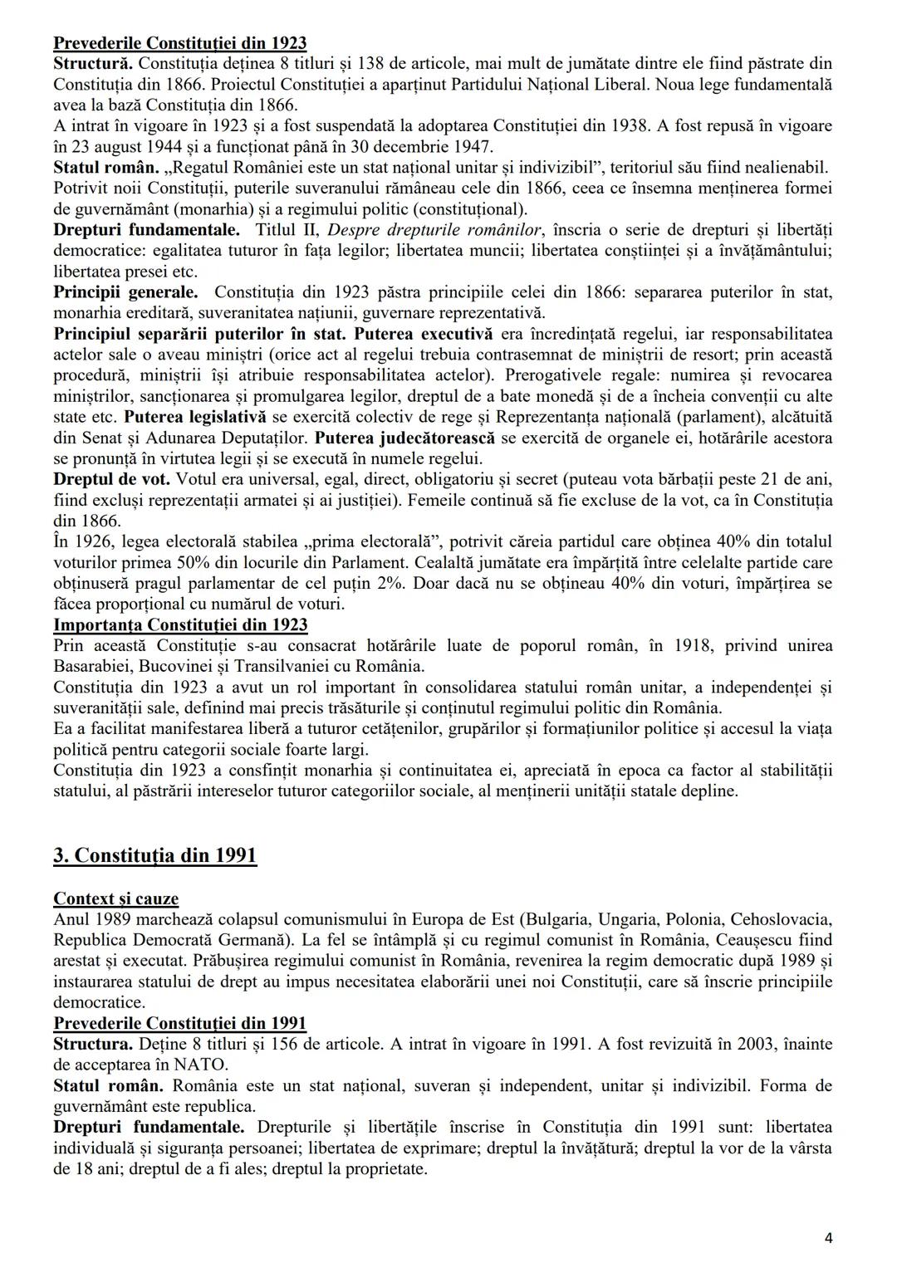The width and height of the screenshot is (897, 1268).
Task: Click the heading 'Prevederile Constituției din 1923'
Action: tap(179, 43)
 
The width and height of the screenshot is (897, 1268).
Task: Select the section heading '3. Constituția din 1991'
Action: tap(155, 855)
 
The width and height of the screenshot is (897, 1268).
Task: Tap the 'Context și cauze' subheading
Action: tap(115, 898)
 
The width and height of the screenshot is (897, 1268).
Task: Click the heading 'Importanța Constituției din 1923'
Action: tap(180, 624)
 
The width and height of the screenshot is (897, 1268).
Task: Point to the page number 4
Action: tap(828, 1238)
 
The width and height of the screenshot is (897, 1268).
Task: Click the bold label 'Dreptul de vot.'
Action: tap(111, 479)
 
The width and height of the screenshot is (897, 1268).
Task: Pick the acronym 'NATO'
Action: tap(199, 1065)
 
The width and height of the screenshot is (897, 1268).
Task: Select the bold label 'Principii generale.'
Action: tap(125, 292)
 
